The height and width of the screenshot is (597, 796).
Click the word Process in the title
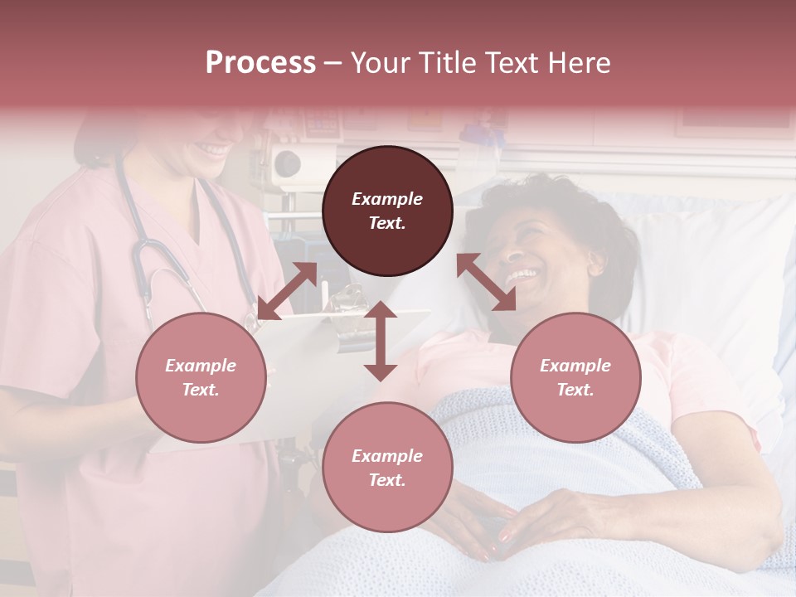click(260, 63)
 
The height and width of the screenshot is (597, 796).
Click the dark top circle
click(387, 211)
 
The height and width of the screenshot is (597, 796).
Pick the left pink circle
click(201, 377)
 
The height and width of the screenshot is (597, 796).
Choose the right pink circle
click(575, 377)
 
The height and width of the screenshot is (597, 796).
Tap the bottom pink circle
click(387, 467)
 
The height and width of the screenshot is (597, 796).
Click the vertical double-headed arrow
click(381, 341)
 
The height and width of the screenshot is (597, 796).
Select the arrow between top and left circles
click(287, 291)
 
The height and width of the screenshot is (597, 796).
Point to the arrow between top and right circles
click(488, 282)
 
